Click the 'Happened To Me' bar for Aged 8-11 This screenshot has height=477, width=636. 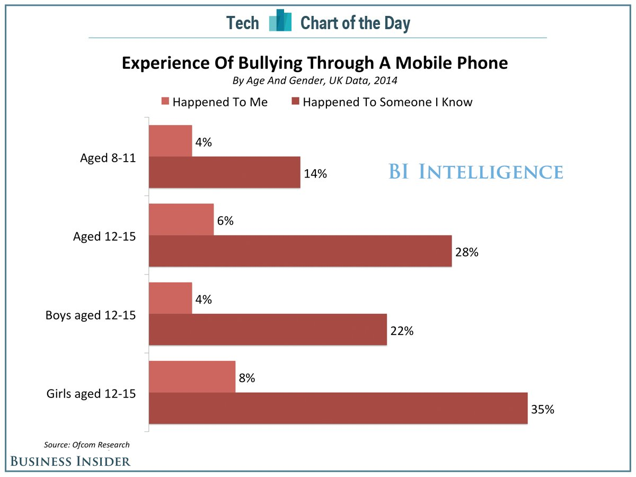[170, 141]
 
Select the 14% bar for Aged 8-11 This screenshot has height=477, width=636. [224, 172]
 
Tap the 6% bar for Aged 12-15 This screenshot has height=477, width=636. [181, 219]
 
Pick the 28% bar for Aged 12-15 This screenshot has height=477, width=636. [300, 251]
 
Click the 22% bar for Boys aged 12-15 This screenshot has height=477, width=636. [268, 330]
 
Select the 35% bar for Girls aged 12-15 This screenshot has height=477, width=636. [338, 408]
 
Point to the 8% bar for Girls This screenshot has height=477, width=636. [192, 377]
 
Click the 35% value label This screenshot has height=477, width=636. [543, 409]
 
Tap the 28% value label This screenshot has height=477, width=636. [467, 252]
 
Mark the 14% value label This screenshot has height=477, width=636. [315, 173]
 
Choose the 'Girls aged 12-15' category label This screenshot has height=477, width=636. [91, 394]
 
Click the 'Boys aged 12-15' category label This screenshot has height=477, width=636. [91, 315]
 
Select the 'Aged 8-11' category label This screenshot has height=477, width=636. [108, 158]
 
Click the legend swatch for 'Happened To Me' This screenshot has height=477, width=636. [165, 102]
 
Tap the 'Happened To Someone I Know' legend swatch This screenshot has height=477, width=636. [295, 102]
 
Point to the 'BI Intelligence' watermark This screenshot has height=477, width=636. [475, 172]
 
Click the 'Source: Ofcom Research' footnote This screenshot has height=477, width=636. [86, 445]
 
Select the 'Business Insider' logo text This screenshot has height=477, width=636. [70, 461]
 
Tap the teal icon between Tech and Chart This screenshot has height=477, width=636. [280, 22]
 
